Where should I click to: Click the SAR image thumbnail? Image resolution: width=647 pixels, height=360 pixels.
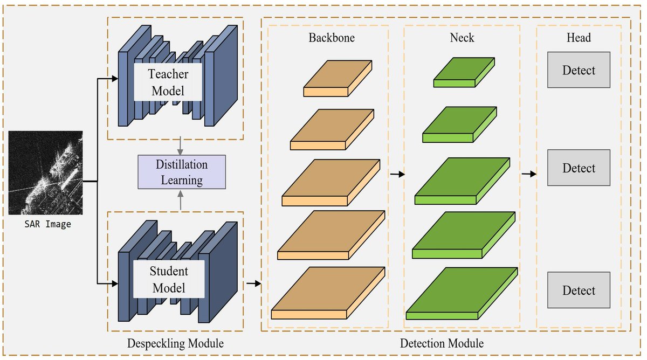46,172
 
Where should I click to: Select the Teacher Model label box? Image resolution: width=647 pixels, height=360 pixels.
168,82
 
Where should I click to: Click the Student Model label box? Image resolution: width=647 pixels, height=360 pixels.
168,280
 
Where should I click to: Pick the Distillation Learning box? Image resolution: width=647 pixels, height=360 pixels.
181,172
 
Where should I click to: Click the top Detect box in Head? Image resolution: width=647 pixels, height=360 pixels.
579,70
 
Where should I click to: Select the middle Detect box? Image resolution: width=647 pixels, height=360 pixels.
579,168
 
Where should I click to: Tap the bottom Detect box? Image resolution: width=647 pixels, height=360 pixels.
579,290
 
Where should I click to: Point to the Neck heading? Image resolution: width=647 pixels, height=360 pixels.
462,38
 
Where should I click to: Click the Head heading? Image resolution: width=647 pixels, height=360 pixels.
579,38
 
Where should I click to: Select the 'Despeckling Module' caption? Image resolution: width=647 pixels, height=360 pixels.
175,343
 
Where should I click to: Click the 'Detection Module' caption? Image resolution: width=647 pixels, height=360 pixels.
442,343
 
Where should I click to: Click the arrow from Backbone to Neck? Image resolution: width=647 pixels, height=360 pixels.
396,174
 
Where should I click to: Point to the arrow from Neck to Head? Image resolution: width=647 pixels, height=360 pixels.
529,174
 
